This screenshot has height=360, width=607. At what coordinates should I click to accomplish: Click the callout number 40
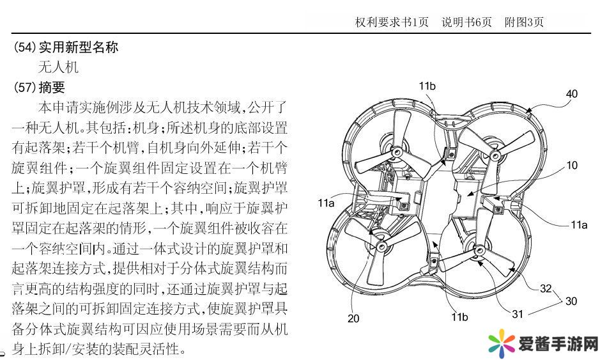click(571, 93)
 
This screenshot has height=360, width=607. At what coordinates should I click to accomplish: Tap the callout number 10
click(572, 166)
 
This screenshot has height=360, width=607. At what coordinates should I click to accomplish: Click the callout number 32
click(546, 288)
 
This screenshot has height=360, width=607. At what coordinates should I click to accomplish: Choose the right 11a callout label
click(578, 224)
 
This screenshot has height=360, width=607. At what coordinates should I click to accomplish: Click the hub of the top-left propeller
click(394, 152)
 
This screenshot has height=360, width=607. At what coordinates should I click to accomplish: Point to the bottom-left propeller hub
click(382, 246)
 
